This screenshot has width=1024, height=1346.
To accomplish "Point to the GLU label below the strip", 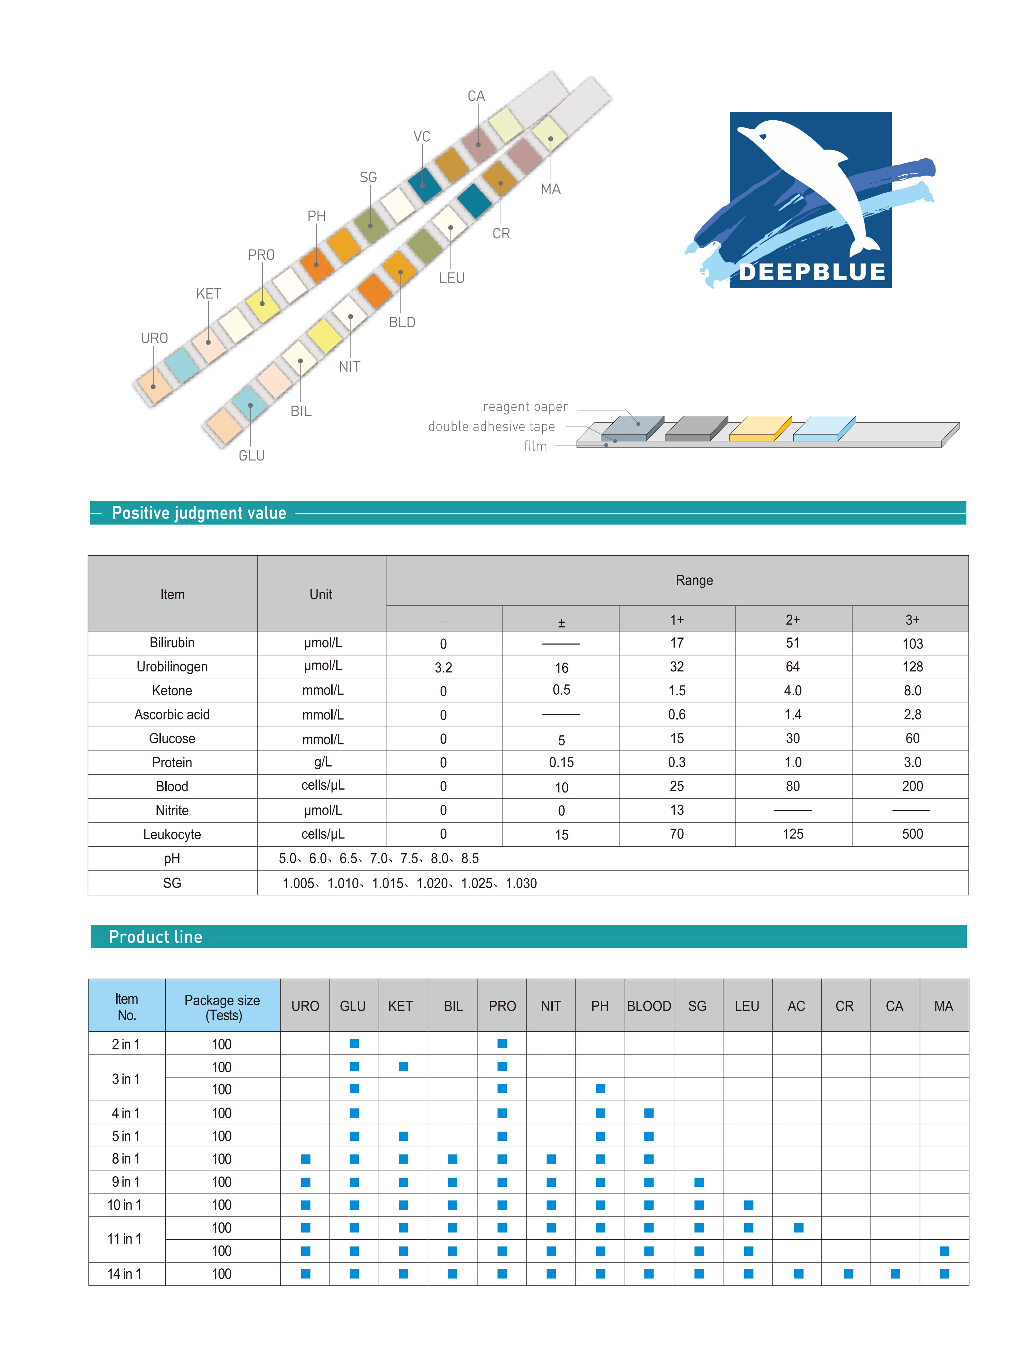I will pyautogui.click(x=251, y=455).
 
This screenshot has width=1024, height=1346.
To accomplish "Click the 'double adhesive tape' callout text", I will pyautogui.click(x=491, y=426).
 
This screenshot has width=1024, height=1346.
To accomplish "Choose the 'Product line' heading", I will pyautogui.click(x=155, y=936).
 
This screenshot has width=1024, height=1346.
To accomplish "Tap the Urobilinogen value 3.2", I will pyautogui.click(x=443, y=667).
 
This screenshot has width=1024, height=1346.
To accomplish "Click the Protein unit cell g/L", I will pyautogui.click(x=322, y=762).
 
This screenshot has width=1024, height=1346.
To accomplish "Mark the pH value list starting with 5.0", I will pyautogui.click(x=379, y=858).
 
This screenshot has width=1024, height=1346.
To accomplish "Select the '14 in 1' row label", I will pyautogui.click(x=124, y=1273).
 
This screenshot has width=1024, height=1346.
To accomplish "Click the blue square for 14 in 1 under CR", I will pyautogui.click(x=848, y=1273).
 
